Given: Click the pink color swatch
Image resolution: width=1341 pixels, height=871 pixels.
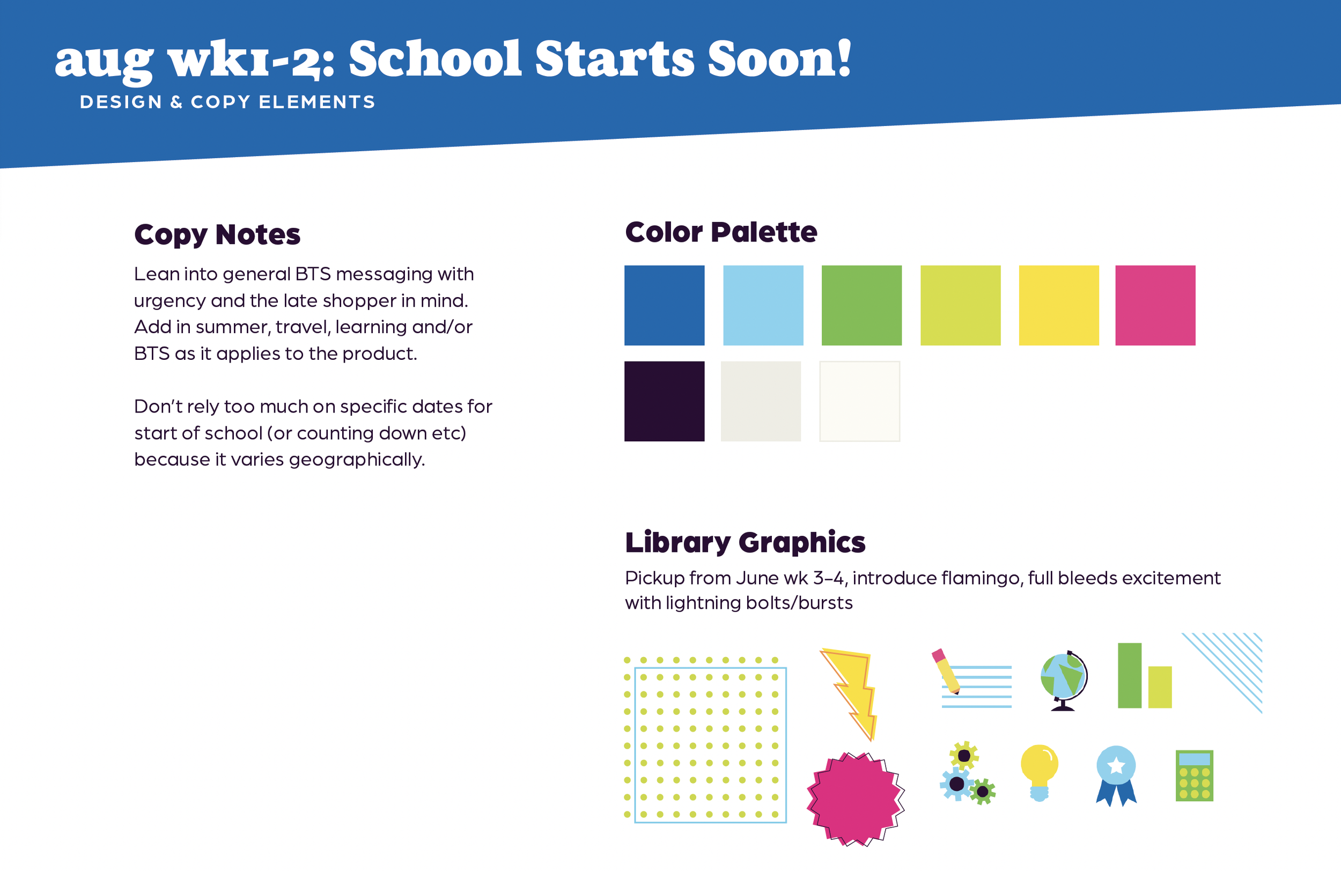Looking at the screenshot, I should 1155,305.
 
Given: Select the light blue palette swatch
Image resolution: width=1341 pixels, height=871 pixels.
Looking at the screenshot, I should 763,305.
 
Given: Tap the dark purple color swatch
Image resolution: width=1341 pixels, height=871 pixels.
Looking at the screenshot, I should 664,401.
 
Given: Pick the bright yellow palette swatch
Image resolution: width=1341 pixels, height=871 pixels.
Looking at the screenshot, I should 1059,305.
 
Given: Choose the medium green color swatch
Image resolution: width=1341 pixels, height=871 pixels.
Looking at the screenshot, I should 861,305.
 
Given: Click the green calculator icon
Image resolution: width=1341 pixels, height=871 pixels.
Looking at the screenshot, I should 1194,775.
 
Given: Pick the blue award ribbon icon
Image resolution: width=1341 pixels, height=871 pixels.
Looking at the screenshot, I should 1116,774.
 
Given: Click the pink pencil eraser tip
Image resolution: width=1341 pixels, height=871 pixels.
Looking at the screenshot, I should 938,655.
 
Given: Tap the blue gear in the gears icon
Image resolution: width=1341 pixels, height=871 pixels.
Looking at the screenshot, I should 956,784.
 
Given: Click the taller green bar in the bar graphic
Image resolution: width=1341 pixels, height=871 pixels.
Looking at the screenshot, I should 1129,675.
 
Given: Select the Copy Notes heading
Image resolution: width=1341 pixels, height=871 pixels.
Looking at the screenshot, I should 217,234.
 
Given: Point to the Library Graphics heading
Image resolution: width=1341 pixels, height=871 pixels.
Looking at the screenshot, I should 745,542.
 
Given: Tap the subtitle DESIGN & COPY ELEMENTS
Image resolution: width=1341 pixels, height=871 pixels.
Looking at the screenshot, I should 227,102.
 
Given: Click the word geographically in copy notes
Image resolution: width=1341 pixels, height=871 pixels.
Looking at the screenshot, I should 357,460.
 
